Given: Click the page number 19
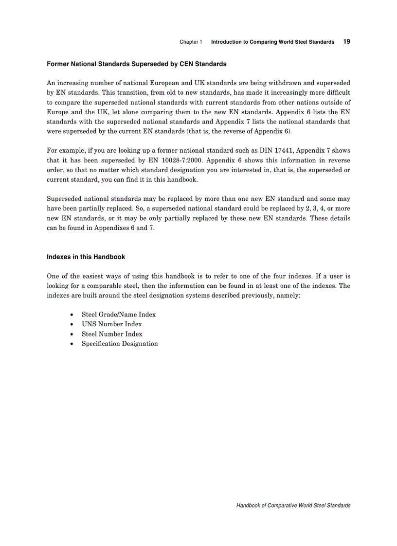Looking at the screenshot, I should tap(346, 42).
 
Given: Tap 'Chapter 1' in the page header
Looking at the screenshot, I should tap(191, 42).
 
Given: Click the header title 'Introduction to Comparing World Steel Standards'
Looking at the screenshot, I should tap(272, 42).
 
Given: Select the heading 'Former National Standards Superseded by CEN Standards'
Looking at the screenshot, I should tap(136, 64).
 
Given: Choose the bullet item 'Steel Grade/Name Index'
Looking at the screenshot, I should tap(118, 315).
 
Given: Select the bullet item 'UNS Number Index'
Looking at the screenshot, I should tap(111, 324).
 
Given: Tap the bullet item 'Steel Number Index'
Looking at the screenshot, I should tap(112, 334).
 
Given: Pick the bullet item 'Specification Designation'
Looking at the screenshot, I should tap(119, 344).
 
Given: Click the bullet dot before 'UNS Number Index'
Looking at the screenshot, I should tap(72, 324).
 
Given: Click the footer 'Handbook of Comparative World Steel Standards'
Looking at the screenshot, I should tap(293, 506).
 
